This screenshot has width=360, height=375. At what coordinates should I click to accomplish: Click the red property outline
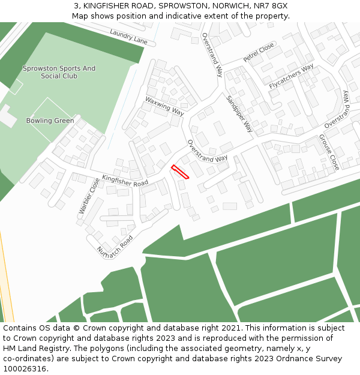(180, 172)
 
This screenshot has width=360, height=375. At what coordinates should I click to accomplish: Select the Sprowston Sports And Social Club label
(59, 72)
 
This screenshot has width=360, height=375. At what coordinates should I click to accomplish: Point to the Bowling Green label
(50, 121)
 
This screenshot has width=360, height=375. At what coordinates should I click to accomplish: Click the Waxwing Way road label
(164, 105)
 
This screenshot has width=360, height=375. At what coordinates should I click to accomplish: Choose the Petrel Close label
(259, 52)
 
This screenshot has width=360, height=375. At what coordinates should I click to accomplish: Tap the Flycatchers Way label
(291, 77)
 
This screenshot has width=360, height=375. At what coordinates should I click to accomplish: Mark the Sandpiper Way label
(239, 114)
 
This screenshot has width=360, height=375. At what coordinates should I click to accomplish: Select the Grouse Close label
(329, 152)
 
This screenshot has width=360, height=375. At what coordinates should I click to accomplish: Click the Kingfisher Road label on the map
(125, 180)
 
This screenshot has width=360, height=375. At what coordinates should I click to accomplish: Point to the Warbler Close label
(89, 196)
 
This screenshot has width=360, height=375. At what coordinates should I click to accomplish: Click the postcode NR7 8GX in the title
(272, 5)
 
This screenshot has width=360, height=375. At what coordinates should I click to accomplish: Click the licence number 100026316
(25, 369)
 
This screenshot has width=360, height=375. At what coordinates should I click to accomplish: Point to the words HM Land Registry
(31, 349)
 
